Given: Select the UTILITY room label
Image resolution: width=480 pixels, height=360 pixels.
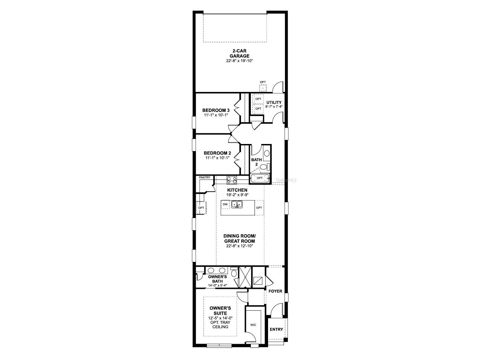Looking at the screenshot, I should point(274,102).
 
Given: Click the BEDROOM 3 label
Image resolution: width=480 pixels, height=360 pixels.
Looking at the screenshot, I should point(216,110).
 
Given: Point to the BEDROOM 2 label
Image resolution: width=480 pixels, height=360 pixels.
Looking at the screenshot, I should point(217,153).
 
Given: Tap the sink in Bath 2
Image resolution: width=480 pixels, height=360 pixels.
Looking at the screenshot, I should point(267,153).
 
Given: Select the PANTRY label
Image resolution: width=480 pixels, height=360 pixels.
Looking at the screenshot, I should point(205,177).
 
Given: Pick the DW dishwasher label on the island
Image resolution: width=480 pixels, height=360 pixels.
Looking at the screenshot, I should point(225,205).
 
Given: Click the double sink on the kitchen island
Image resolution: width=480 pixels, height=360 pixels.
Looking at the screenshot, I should point(237,204).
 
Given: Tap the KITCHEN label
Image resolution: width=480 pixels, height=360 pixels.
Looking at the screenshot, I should point(237,190).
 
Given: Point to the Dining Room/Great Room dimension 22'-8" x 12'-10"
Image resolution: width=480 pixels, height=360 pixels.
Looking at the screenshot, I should point(240,246).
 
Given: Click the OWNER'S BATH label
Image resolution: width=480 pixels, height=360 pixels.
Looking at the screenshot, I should point(217,279).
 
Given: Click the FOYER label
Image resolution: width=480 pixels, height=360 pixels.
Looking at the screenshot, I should point(275,291).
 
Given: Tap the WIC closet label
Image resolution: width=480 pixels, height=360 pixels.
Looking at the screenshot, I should point(253,325).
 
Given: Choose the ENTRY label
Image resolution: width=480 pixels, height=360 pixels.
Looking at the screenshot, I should point(276,330).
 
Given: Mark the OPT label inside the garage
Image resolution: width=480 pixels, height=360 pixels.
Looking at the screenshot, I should point(263,82).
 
